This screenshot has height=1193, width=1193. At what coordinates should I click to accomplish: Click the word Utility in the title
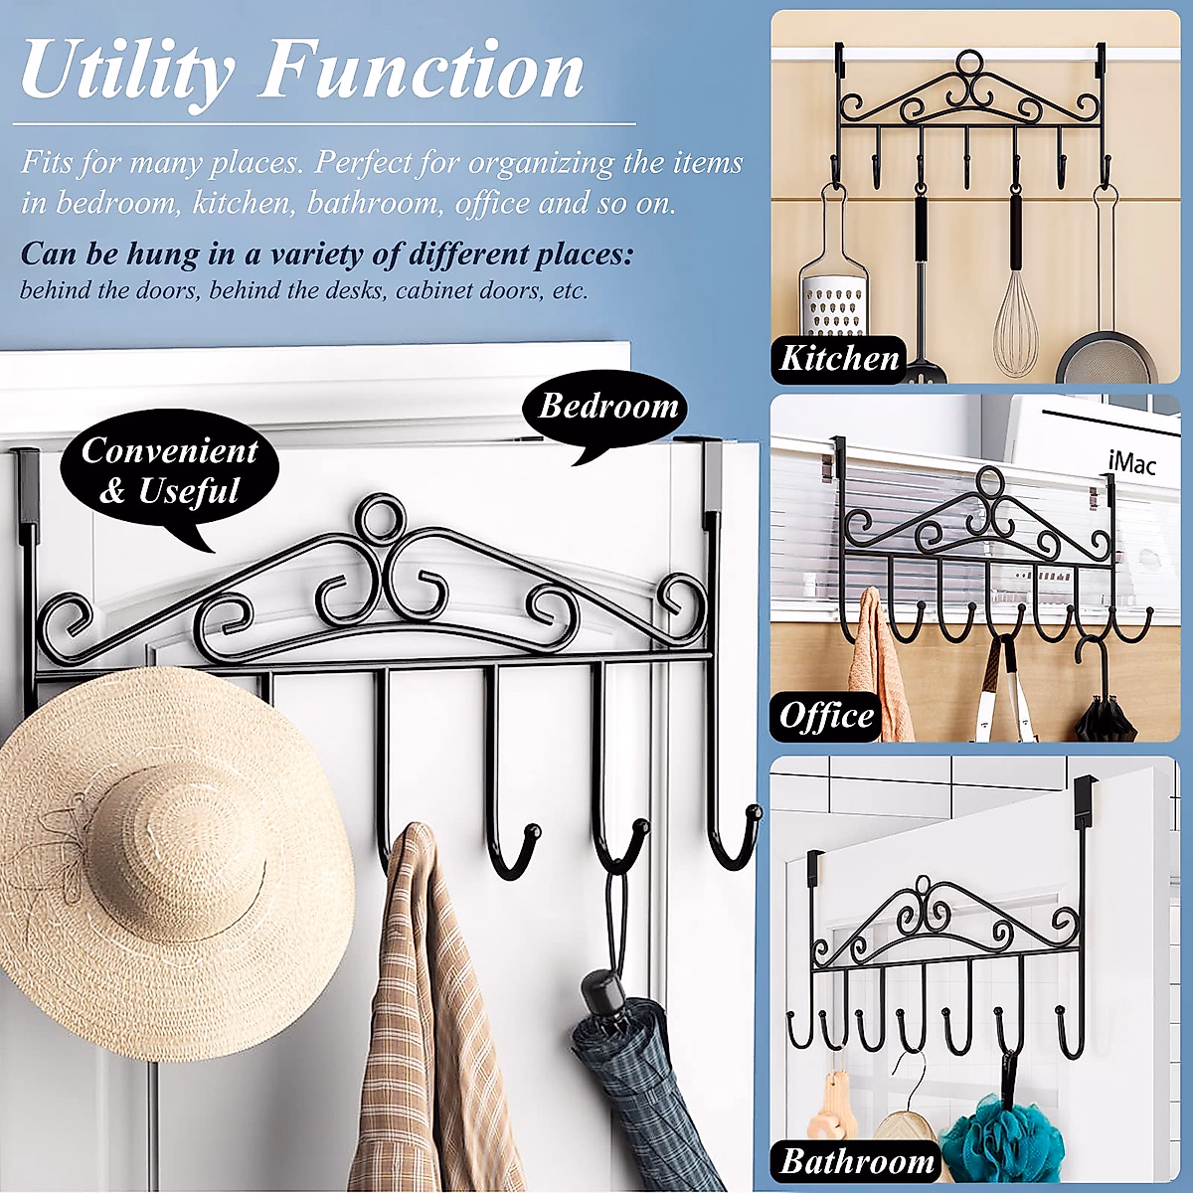[127, 72]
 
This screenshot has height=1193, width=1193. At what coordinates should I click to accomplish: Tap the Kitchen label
[839, 358]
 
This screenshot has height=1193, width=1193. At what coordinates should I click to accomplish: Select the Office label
[826, 716]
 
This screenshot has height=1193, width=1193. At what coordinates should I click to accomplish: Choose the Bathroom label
[856, 1161]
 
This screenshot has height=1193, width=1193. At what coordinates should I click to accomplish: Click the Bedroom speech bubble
[606, 408]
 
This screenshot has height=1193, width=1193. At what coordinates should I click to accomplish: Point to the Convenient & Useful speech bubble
[169, 471]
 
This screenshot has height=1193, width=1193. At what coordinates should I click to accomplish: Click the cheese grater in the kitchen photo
[833, 298]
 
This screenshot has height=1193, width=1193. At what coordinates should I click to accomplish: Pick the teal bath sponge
[1004, 1138]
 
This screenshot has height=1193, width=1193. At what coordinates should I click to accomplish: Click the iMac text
[1131, 462]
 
